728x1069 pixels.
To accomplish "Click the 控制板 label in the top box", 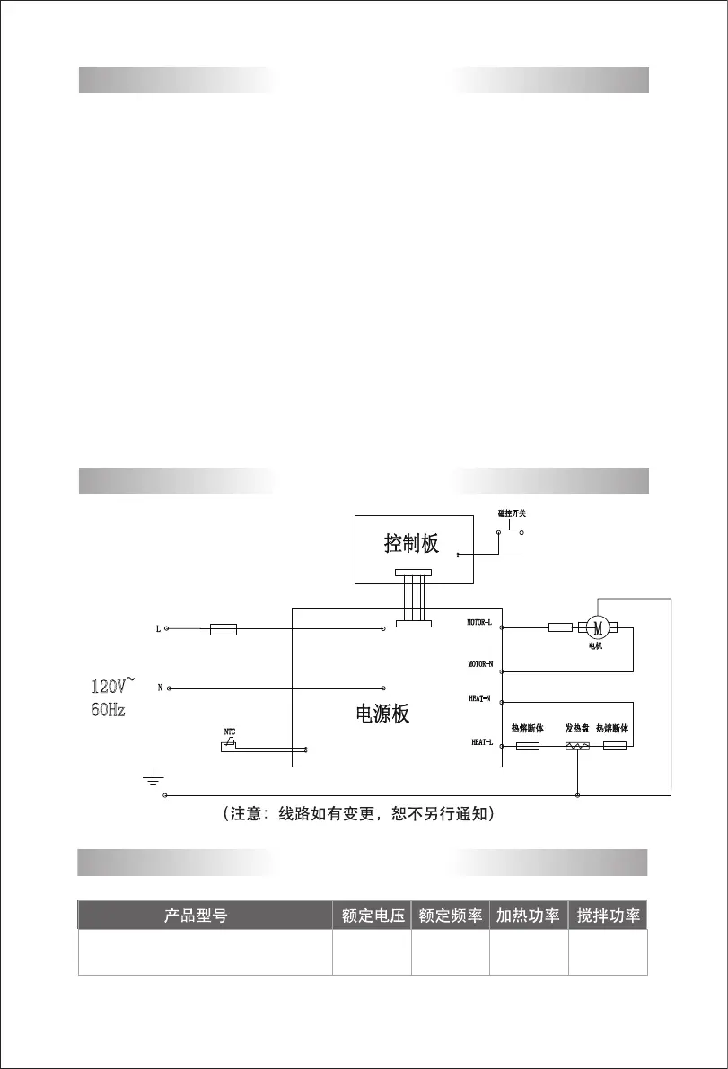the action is tap(411, 543).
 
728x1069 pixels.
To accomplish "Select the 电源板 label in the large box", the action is tap(382, 714).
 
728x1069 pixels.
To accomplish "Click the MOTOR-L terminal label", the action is tap(479, 621).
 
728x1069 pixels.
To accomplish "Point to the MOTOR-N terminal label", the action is tap(479, 664).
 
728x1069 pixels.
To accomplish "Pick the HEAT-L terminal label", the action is tap(482, 742).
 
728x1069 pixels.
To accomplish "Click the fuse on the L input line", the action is tap(224, 629).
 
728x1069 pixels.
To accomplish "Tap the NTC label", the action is tap(230, 732).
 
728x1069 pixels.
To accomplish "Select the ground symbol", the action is tap(152, 775).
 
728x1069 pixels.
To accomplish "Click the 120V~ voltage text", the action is tap(113, 687).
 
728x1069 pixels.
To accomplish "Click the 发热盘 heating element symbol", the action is tap(577, 746).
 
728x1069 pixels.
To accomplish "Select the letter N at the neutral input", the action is tap(160, 688).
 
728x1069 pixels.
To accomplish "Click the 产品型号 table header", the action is tap(196, 916).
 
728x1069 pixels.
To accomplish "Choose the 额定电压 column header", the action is tap(373, 916).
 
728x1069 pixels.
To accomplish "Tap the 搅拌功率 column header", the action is tap(608, 916).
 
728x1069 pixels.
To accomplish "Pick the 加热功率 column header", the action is tap(529, 916).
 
